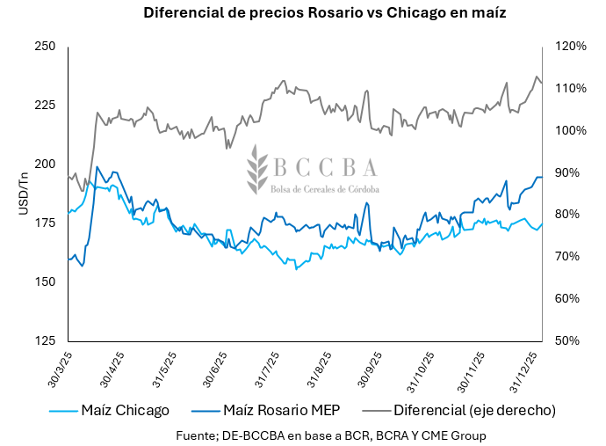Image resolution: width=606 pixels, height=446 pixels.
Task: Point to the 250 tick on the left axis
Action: (x=45, y=47)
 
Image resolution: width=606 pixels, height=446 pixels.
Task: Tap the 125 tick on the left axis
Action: (x=45, y=340)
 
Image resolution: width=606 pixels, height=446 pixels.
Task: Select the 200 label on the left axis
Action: (x=45, y=165)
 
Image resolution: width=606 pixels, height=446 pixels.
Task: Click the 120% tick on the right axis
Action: (x=570, y=47)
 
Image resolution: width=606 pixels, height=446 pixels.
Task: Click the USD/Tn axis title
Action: (x=24, y=193)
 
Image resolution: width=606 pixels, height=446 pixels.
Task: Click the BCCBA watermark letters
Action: (x=325, y=167)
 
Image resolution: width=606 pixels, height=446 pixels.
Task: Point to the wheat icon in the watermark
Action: (x=256, y=170)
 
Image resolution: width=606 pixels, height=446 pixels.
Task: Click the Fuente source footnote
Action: (x=331, y=435)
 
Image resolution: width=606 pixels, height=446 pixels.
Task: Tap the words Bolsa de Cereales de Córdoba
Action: (x=325, y=189)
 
